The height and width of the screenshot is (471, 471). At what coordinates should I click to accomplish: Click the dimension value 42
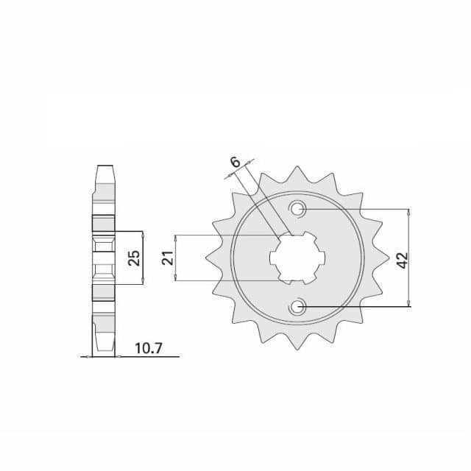(x=403, y=260)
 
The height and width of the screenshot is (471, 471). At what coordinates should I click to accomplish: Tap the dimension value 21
(x=169, y=258)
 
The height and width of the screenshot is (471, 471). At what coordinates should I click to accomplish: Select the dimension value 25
(x=134, y=258)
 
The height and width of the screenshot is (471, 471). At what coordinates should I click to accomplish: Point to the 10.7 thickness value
(x=149, y=348)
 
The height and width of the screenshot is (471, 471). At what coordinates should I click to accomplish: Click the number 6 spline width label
(x=235, y=162)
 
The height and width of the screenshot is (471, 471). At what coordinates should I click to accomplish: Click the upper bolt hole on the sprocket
(x=297, y=208)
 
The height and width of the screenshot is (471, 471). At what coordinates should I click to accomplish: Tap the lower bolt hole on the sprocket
(x=297, y=307)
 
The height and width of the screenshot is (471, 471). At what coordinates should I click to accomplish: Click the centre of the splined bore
(x=297, y=258)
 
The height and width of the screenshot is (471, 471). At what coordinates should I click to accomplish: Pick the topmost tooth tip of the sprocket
(x=297, y=166)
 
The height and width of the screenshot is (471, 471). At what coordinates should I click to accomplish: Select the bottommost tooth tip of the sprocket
(x=297, y=350)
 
